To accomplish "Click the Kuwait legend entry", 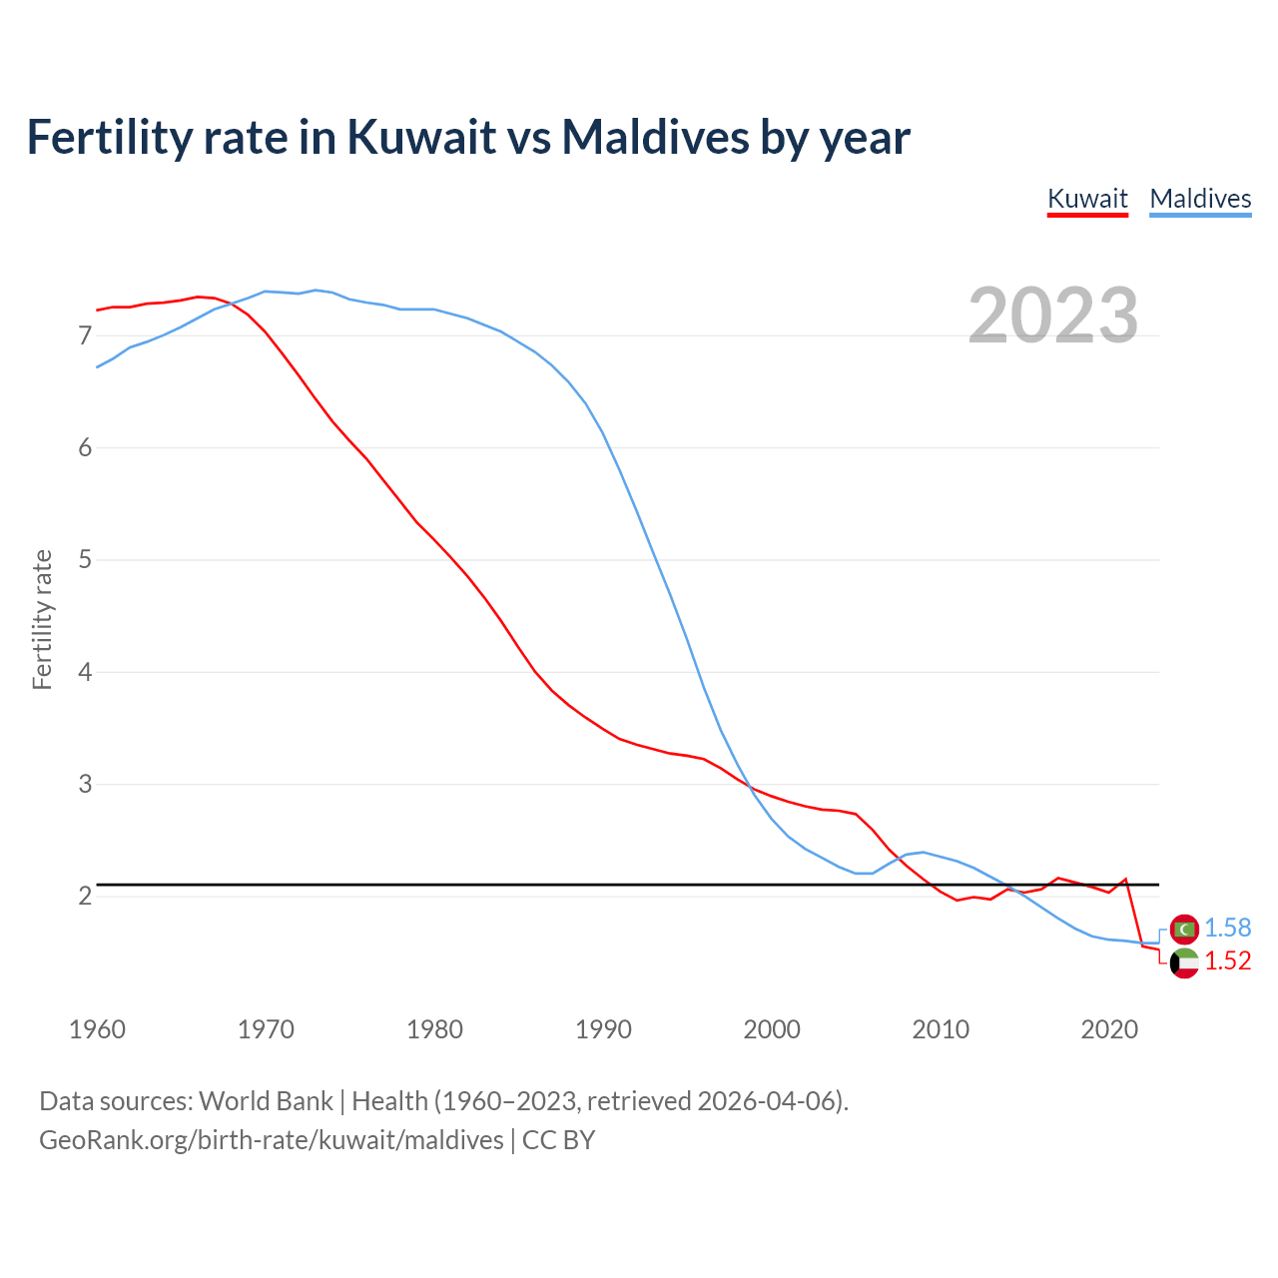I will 1087,199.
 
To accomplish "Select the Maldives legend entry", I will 1200,199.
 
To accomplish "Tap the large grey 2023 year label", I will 1053,316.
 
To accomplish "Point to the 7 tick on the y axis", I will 85,335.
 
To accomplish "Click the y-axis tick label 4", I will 85,672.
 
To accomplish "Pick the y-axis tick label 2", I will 85,896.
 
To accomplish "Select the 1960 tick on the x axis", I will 97,1029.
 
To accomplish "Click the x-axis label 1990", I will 603,1029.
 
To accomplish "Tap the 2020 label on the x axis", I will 1109,1029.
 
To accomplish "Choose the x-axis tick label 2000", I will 772,1029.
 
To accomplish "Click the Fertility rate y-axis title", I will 42,619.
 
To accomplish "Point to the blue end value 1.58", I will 1227,928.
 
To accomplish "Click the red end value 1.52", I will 1227,960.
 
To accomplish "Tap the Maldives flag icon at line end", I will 1184,929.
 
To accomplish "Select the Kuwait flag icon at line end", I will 1184,963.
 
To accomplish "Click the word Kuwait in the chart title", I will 420,137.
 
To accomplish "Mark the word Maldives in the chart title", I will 654,137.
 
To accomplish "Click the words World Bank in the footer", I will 266,1101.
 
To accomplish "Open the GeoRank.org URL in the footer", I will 272,1140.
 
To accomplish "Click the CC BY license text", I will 558,1140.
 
